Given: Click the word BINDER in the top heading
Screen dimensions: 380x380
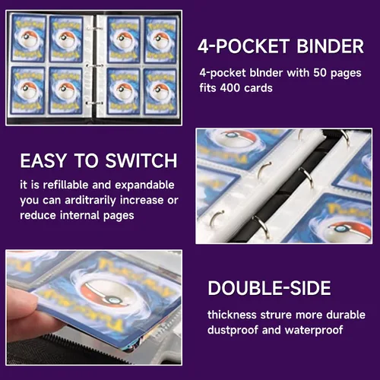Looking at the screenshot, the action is click(330, 46).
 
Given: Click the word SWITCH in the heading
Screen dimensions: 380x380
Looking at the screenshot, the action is click(141, 160).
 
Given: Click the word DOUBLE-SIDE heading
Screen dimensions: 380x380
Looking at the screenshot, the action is click(269, 288).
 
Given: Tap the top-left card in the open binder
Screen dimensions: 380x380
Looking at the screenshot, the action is click(29, 38).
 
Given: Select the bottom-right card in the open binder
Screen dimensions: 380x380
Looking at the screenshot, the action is click(160, 92).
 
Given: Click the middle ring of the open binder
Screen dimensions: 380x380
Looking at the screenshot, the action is click(93, 66).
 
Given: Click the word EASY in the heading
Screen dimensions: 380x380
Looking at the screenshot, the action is click(43, 160).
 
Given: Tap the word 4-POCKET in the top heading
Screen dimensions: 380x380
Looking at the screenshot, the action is click(243, 46).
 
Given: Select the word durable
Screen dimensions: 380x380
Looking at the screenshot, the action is click(346, 315).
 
